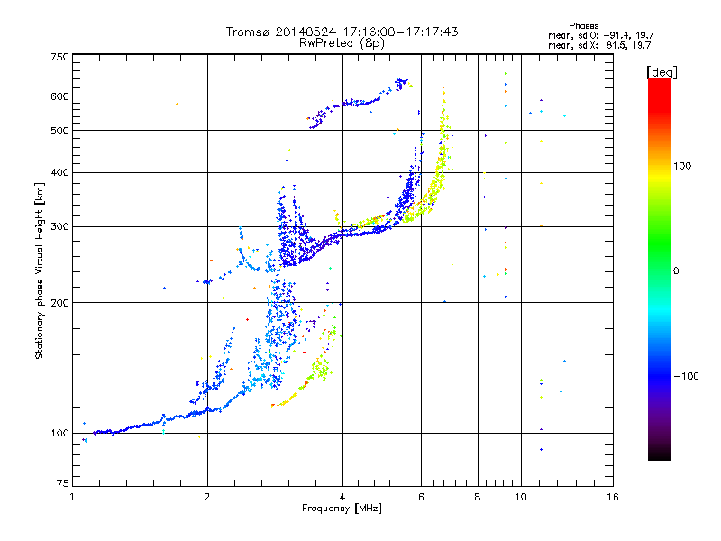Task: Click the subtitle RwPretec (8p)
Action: [342, 43]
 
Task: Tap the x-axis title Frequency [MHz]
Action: [342, 509]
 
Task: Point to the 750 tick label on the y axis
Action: [59, 57]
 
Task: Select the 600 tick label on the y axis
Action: [59, 96]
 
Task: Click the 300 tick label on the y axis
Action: [59, 227]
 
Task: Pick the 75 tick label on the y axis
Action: [63, 483]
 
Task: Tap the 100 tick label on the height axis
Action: [59, 434]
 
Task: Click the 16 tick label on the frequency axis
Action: [613, 498]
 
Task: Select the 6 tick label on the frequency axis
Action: [421, 498]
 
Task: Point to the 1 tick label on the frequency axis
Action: [73, 498]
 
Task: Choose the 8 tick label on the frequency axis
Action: [478, 498]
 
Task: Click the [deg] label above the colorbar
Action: [662, 72]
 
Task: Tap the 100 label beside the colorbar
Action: [682, 166]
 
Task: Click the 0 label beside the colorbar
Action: [676, 271]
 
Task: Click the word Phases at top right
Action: [584, 26]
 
